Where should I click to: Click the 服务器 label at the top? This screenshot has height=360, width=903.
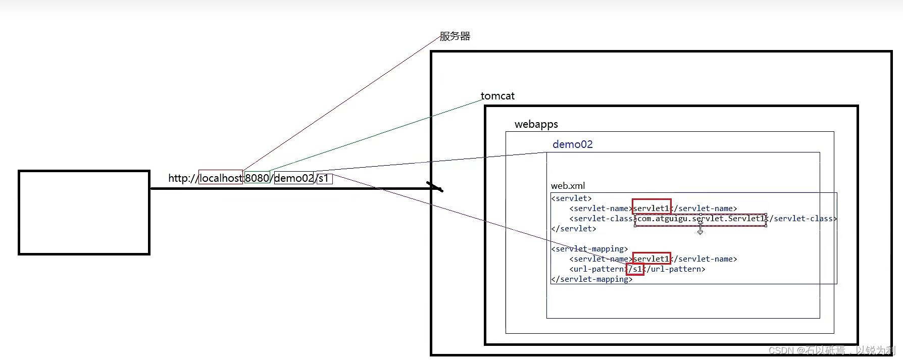(x=455, y=36)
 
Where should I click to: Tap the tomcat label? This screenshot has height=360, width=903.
(x=497, y=96)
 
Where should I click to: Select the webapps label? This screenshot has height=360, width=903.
(x=536, y=124)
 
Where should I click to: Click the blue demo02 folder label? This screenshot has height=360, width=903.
(x=572, y=144)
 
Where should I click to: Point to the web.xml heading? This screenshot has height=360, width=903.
(x=568, y=186)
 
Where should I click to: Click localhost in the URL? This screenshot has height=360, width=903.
(x=221, y=178)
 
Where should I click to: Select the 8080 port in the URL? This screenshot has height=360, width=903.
(x=257, y=178)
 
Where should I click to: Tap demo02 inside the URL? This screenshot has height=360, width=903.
(x=294, y=178)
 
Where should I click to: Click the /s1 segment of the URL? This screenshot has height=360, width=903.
(x=324, y=178)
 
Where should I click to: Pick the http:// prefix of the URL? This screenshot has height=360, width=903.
(x=183, y=178)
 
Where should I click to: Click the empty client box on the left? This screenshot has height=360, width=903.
(x=84, y=213)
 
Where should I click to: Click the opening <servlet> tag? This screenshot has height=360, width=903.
(x=571, y=198)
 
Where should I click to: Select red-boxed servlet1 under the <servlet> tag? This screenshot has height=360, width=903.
(x=651, y=208)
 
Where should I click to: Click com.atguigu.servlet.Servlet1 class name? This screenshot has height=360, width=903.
(x=700, y=219)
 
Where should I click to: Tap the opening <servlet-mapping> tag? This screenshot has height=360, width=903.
(x=589, y=249)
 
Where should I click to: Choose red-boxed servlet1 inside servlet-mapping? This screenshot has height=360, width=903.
(x=651, y=259)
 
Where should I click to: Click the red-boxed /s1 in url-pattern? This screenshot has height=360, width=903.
(x=635, y=269)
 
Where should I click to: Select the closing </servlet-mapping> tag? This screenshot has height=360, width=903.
(x=591, y=279)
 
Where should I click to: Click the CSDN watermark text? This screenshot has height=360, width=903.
(x=831, y=350)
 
